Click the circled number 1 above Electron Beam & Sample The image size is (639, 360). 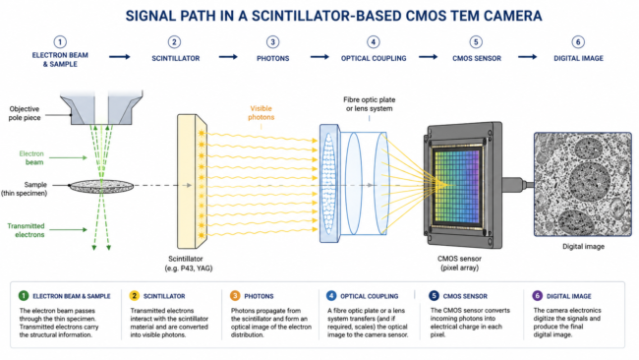pos(60,42)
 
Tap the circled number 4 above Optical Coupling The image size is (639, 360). pos(373,42)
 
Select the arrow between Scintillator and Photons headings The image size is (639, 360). pos(228,57)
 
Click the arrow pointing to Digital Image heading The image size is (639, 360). pos(527,57)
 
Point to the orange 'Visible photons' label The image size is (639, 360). pos(261,113)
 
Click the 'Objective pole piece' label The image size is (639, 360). pos(25,113)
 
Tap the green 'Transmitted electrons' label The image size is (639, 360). pos(27,230)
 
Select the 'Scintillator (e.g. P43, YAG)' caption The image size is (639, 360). pos(189,264)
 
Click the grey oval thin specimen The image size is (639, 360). pos(101,186)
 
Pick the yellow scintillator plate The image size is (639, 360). pos(192,181)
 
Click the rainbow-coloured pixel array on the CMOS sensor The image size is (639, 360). pos(457,186)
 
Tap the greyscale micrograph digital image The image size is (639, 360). pos(583,184)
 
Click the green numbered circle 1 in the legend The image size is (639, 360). pos(24,296)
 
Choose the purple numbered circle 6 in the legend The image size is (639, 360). pos(537,296)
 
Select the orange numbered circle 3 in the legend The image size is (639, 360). pos(235,296)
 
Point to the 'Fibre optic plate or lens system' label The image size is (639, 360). pos(370,104)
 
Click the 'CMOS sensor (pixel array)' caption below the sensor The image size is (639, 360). pos(459,263)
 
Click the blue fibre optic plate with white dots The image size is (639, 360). pos(329,184)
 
